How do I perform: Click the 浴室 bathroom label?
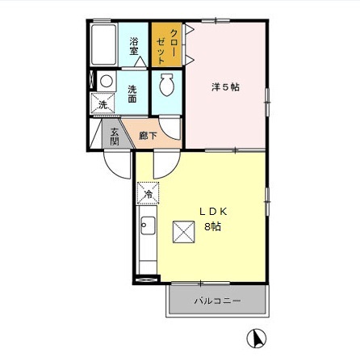(134, 45)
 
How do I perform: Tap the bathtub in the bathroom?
(104, 48)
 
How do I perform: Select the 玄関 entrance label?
(115, 137)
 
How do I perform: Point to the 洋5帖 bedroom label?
(226, 86)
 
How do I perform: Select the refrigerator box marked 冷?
(148, 194)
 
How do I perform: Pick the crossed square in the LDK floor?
(184, 231)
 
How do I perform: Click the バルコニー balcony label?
(216, 302)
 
